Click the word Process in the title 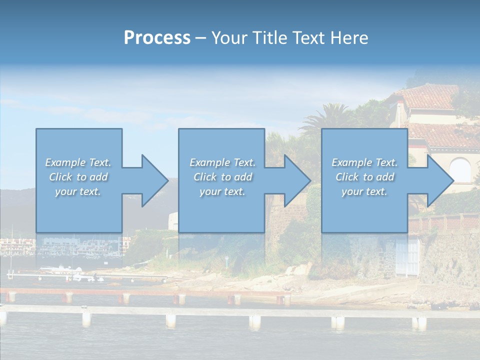(x=157, y=38)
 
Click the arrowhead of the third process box (x=439, y=180)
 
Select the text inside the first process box (x=78, y=177)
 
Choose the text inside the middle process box (x=222, y=177)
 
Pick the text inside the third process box (x=364, y=177)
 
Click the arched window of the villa (x=460, y=170)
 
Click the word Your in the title (x=230, y=38)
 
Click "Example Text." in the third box (x=364, y=162)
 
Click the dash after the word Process (x=201, y=38)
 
